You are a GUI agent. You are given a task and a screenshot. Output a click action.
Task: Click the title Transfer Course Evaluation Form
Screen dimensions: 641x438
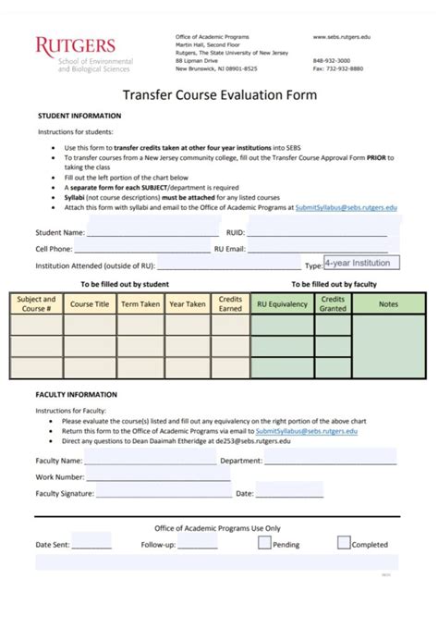(220, 95)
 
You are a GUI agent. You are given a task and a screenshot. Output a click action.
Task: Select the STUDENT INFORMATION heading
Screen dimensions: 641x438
(79, 116)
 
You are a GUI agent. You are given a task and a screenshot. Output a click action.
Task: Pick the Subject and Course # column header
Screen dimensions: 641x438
(36, 303)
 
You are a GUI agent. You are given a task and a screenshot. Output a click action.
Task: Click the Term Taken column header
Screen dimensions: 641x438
(140, 303)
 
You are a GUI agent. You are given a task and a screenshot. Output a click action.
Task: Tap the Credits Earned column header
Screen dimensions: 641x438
(230, 303)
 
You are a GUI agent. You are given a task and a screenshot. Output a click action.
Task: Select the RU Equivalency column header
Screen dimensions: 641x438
(282, 303)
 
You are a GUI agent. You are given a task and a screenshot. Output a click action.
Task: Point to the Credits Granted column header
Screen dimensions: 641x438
(333, 303)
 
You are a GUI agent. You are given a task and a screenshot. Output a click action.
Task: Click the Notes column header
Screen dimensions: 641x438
(388, 303)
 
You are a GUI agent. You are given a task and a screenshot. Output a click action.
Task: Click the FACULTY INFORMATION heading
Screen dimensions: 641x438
(78, 395)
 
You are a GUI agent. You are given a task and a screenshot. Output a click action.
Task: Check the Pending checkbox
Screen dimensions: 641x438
(265, 543)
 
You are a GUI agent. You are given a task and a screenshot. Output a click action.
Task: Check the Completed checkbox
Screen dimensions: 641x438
(344, 543)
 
